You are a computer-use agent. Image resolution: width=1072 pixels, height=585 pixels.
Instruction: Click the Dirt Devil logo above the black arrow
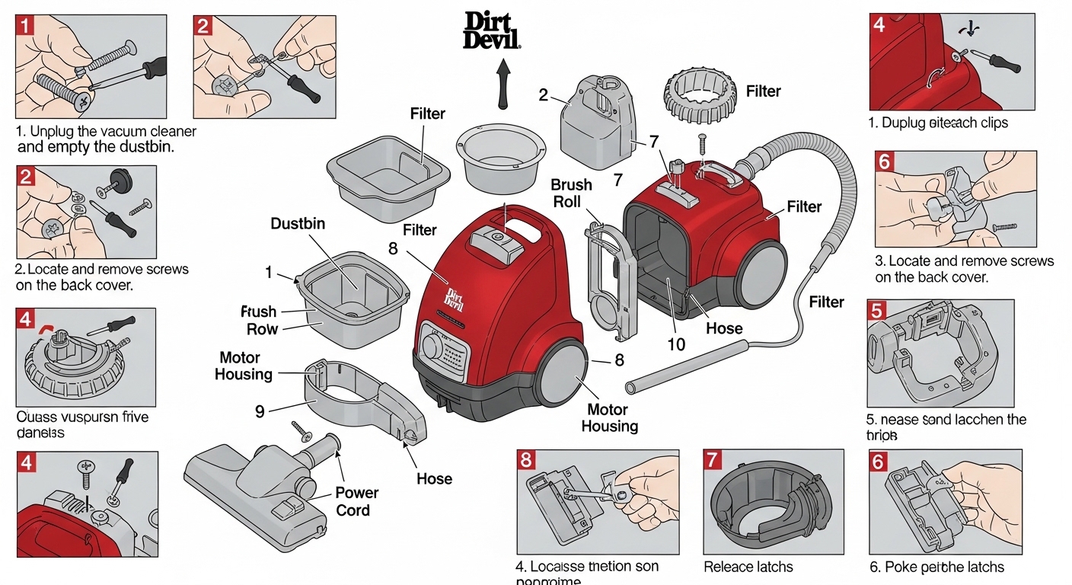pos(493,31)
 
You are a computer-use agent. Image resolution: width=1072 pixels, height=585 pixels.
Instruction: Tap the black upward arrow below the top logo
pos(502,85)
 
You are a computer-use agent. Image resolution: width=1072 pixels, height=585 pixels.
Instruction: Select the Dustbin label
pos(298,224)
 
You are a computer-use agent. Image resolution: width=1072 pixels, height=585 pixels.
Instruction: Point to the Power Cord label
pos(356,501)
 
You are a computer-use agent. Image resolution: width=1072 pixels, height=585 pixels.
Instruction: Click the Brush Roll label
pos(571,193)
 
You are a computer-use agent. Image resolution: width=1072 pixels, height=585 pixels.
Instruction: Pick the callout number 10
pos(676,344)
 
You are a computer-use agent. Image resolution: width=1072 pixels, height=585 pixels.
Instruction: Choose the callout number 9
pos(260,411)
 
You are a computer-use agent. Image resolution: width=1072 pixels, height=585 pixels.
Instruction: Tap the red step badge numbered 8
pos(527,460)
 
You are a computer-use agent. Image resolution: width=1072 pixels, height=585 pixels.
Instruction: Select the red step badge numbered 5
pos(877,311)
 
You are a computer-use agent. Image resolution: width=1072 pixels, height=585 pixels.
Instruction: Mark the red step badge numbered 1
pos(25,26)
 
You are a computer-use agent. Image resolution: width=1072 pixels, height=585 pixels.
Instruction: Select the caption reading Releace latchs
pos(748,567)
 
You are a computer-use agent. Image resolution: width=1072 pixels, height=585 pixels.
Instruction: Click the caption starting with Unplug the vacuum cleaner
pos(105,139)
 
